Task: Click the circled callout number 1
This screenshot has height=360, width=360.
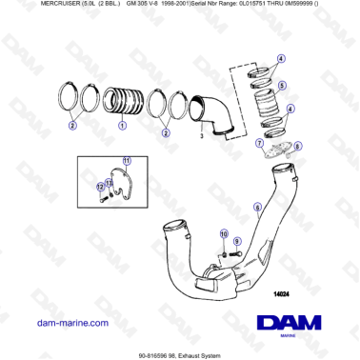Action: (121, 125)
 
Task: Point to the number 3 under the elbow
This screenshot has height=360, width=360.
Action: (202, 136)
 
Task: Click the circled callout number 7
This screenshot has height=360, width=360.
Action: (258, 143)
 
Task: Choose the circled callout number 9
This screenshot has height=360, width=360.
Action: (236, 242)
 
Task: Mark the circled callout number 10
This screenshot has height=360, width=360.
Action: (224, 233)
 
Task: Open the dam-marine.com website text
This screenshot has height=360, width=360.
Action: (72, 323)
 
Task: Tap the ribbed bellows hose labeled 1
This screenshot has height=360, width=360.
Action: (125, 99)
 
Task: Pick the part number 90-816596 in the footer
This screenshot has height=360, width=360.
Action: (152, 352)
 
